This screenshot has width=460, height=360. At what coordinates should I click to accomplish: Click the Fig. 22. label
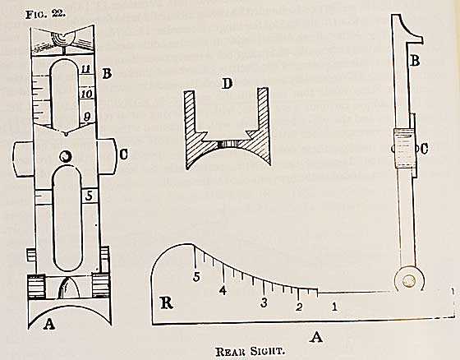point(45,14)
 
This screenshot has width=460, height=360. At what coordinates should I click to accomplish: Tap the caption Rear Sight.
point(251,351)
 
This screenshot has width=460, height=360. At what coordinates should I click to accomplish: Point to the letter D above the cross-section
point(227,84)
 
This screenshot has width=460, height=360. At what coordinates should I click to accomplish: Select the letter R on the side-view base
point(167,302)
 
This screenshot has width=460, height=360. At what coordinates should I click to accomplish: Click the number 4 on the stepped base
point(223,290)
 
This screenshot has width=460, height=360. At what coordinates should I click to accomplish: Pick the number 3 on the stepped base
point(264,302)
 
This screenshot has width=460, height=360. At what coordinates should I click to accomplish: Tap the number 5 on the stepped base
point(196,277)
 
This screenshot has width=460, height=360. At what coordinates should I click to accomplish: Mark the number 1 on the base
point(334,307)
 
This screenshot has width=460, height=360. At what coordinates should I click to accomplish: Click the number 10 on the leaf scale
point(87,95)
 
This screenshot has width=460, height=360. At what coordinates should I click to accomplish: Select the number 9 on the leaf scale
point(88,118)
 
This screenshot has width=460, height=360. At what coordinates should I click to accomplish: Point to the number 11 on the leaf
point(87,70)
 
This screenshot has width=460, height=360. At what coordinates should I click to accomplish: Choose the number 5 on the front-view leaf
point(89,196)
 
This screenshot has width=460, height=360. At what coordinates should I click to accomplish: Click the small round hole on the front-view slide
point(65,156)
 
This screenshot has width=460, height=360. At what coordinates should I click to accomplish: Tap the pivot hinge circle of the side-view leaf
point(409,280)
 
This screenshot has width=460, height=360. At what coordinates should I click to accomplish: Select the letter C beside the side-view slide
point(424,149)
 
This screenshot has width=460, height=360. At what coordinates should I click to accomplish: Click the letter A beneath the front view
point(49,324)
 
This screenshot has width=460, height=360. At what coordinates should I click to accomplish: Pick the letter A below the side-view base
point(316,337)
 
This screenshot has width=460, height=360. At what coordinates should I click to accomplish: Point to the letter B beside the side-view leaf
point(415,61)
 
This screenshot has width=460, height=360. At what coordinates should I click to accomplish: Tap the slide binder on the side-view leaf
point(405,148)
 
